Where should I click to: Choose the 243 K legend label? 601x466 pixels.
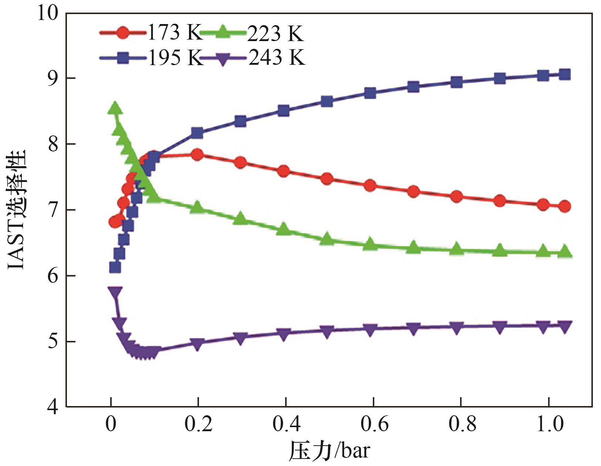point(277,57)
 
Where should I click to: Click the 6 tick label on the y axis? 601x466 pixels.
point(53,276)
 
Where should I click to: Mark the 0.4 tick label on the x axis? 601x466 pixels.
point(286,425)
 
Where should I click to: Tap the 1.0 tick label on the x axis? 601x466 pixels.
point(550,425)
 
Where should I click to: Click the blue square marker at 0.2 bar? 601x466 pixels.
point(197,133)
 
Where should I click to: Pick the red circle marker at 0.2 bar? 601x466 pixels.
point(197,154)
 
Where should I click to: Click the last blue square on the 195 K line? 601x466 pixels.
point(564,74)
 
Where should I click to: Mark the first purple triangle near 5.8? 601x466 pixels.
point(115,292)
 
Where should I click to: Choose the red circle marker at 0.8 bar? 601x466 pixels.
point(457,196)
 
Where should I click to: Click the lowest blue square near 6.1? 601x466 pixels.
point(115,267)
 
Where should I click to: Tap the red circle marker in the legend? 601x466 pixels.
point(123,33)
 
